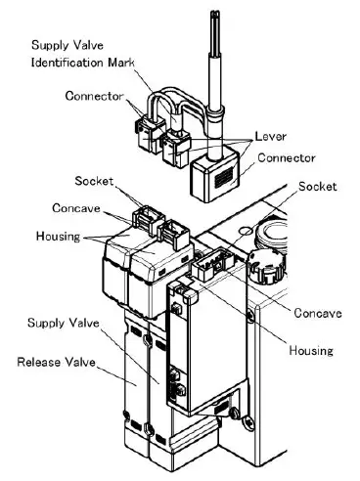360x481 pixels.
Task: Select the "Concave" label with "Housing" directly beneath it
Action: coord(320,313)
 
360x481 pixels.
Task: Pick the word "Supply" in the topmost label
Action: coord(51,46)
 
